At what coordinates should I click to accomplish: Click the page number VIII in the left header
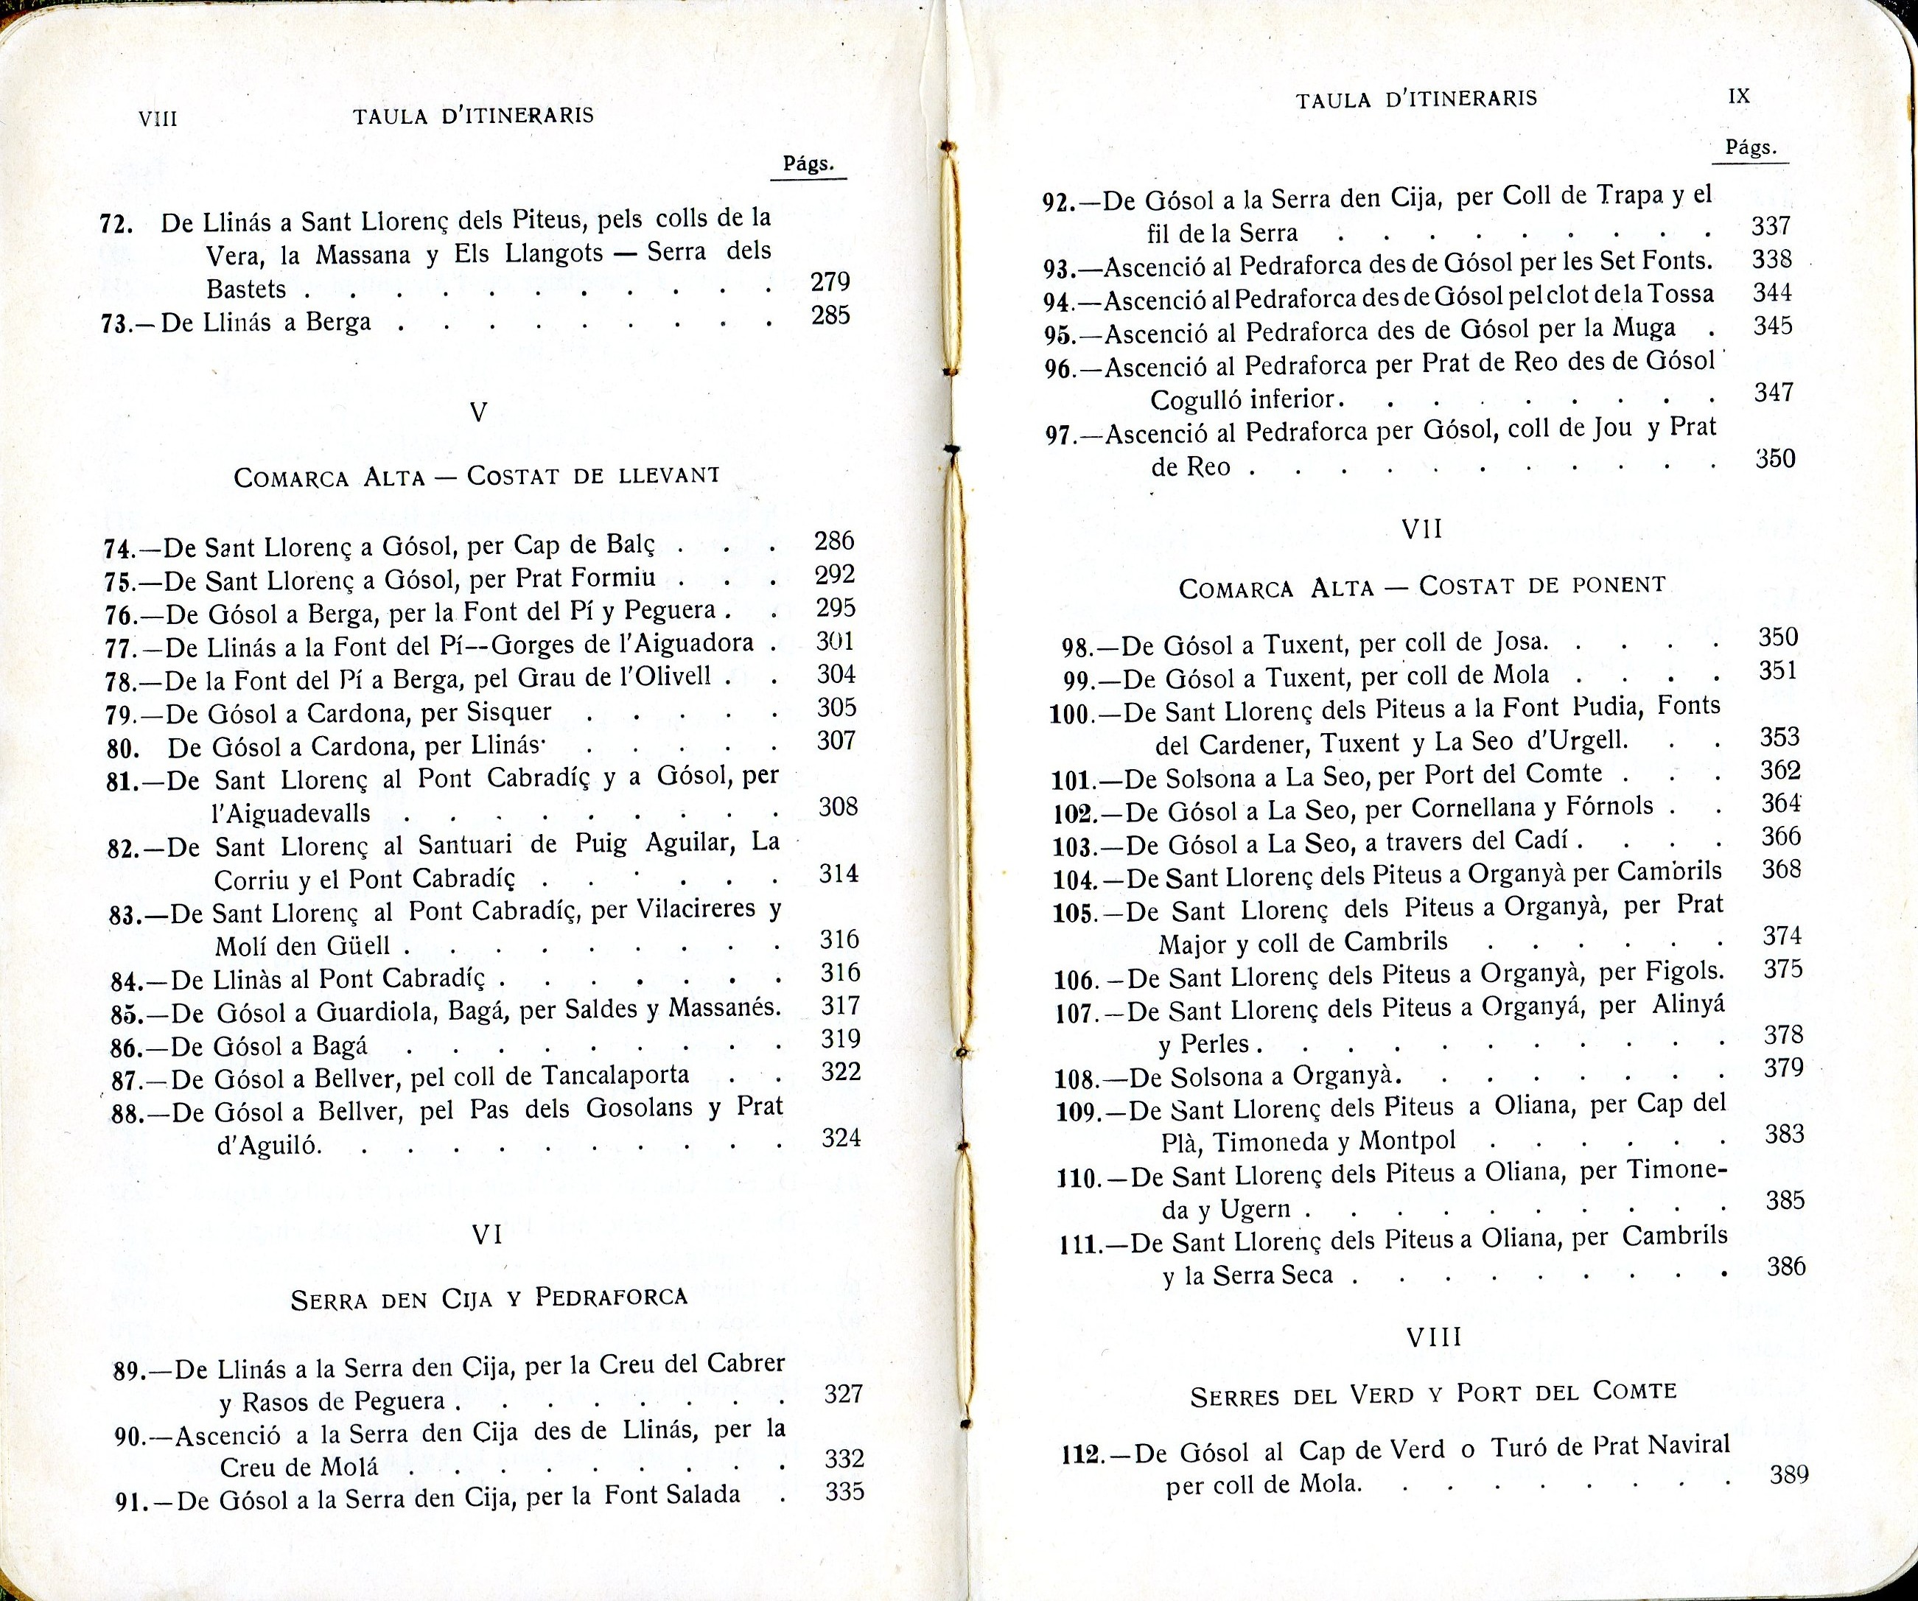(157, 119)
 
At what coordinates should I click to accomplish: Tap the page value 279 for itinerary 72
(830, 282)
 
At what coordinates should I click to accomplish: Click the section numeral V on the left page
(477, 413)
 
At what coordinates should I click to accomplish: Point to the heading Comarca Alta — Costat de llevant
(477, 477)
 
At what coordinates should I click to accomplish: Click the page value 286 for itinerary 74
(834, 542)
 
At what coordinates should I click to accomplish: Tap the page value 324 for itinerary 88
(840, 1138)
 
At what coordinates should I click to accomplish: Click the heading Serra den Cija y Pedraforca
(489, 1297)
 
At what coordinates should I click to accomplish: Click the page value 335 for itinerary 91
(844, 1492)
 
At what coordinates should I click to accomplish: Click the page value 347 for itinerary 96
(1774, 393)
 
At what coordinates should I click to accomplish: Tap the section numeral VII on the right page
(1421, 529)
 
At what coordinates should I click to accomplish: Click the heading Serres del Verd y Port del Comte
(1434, 1394)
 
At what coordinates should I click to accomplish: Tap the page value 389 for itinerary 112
(1789, 1475)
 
